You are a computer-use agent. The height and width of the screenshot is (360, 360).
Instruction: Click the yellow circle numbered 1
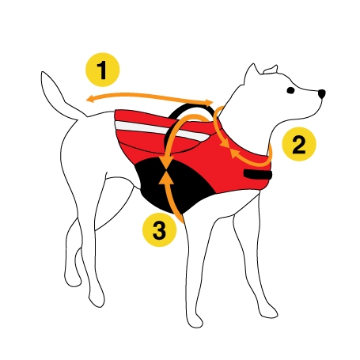tap(102, 70)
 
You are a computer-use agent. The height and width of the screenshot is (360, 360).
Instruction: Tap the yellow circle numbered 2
tap(298, 144)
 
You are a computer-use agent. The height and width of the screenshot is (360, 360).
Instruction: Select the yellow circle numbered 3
tap(160, 230)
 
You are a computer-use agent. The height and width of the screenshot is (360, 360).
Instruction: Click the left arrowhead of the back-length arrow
tap(88, 99)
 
